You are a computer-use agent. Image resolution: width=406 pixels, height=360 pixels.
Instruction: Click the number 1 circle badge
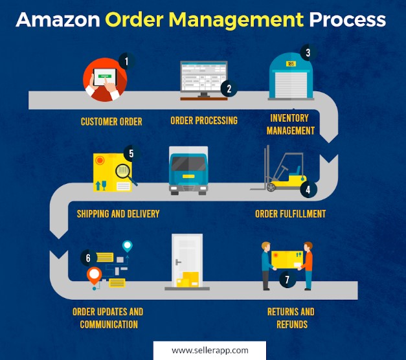[127, 62]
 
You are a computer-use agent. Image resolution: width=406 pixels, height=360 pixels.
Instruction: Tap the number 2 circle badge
[229, 89]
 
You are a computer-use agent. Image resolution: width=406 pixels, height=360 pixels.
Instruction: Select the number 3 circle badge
[308, 53]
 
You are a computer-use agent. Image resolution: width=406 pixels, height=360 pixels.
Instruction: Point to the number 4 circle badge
[308, 190]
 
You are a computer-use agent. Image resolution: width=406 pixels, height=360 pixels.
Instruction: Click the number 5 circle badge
[131, 153]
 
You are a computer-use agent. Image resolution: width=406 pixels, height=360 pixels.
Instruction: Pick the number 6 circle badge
[88, 258]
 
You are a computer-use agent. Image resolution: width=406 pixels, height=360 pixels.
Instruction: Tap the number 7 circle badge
[284, 280]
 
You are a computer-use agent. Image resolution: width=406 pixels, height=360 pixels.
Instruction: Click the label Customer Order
[111, 121]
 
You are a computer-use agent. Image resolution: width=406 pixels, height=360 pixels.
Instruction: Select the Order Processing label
[204, 120]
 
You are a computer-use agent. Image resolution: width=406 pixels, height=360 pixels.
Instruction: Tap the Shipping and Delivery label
[118, 214]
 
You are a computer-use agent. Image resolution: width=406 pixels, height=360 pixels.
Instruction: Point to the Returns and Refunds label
[291, 318]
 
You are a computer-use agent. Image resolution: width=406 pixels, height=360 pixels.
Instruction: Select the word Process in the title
[347, 19]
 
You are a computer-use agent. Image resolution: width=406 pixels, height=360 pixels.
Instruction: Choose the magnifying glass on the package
[123, 173]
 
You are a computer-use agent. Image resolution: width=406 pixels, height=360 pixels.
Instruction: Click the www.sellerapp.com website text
[210, 350]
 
